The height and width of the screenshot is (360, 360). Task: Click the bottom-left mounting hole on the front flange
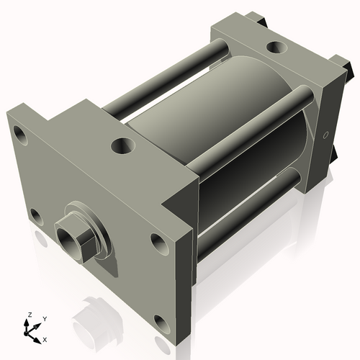[35, 215]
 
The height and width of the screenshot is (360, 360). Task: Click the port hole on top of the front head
[122, 146]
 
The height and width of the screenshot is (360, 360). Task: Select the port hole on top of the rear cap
[274, 48]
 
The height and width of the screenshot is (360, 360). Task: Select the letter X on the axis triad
[45, 338]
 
